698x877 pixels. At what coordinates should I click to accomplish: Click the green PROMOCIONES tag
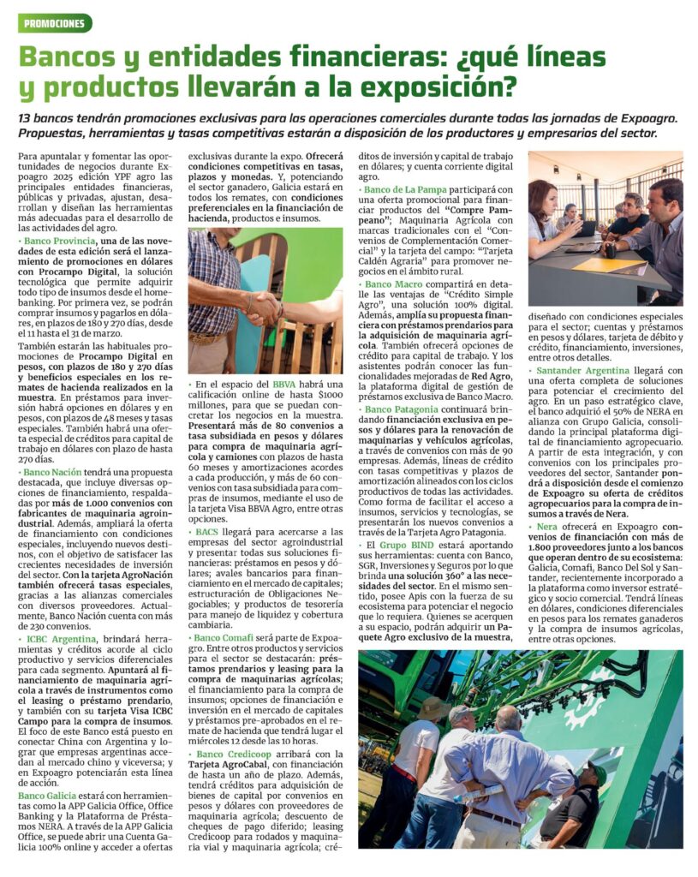pos(55,23)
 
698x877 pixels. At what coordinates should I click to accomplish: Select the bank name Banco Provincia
pos(58,243)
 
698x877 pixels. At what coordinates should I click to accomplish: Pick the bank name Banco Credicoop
pos(234,754)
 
